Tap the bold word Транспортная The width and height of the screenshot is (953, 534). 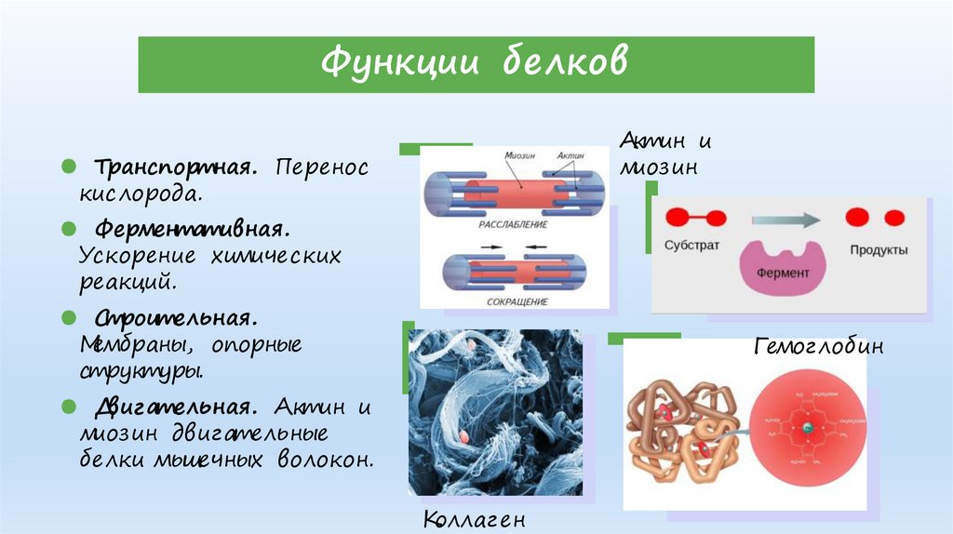pos(173,167)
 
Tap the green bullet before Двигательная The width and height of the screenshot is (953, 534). pos(69,407)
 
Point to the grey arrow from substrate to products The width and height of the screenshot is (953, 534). pos(785,220)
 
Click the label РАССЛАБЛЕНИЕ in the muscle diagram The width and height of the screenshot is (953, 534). pos(512,225)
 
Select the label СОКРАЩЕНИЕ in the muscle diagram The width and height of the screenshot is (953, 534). pos(517,302)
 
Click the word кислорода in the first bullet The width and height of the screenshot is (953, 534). pos(140,194)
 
